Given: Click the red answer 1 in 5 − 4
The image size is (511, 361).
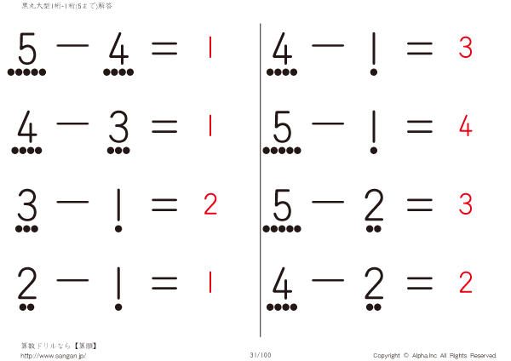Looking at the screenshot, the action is tap(210, 47).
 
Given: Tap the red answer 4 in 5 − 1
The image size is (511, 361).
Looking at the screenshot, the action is tap(465, 125).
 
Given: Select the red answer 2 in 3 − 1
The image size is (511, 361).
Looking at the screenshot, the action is tap(210, 204).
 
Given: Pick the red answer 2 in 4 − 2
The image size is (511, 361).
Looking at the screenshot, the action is tap(466, 282).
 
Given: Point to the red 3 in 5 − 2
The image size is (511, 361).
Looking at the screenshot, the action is tap(465, 204).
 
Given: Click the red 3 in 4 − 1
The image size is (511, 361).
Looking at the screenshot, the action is tap(465, 47).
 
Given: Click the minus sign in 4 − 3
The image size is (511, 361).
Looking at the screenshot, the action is tap(72, 123).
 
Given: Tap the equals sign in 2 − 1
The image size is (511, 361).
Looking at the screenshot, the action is tap(164, 283).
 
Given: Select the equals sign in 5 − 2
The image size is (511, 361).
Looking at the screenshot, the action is tap(420, 204).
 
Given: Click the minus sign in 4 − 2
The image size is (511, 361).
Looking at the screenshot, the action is tap(328, 280).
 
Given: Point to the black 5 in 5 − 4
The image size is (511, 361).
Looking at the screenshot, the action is tap(27, 49).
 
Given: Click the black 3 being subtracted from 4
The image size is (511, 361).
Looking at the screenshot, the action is tap(118, 127).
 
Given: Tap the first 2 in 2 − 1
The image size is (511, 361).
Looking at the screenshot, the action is tap(26, 283).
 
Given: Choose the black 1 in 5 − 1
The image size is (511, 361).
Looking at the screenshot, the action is tap(374, 127).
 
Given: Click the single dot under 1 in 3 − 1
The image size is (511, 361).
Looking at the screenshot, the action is tap(118, 229).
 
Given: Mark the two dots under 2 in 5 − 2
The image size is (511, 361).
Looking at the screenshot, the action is tap(374, 229).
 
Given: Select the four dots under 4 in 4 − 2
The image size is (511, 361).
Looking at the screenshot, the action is tap(282, 307).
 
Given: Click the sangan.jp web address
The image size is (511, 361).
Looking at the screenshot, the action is tap(53, 355).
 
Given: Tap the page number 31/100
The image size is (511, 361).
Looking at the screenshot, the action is tap(261, 355).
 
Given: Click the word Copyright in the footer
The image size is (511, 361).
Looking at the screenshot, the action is tap(387, 355).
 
